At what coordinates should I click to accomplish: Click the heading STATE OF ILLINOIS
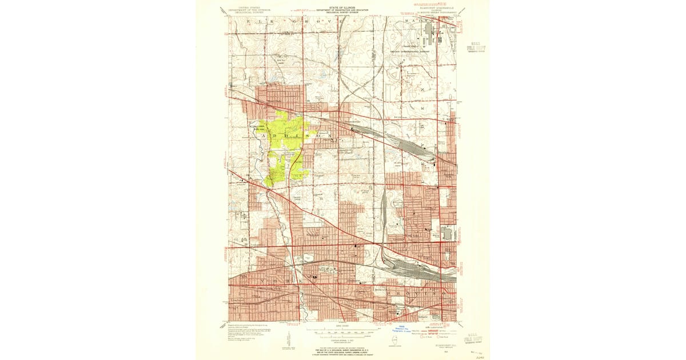(x=342, y=9)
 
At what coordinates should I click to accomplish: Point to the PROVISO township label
(x=412, y=293)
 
